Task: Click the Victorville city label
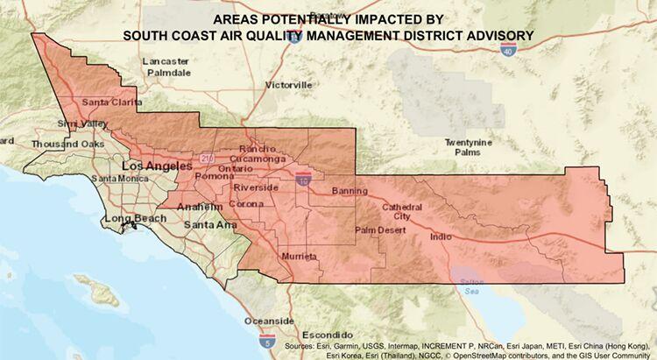click(x=288, y=85)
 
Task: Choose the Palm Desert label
click(x=381, y=230)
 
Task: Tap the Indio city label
click(x=442, y=236)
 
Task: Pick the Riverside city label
click(x=256, y=187)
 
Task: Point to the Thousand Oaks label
click(x=68, y=144)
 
